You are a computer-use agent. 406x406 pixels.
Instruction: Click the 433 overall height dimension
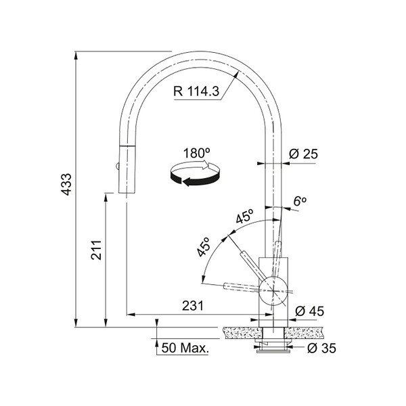coord(66,184)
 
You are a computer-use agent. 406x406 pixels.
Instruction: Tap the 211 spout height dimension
coord(96,250)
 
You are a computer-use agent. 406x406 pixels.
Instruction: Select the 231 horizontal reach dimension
coord(193,306)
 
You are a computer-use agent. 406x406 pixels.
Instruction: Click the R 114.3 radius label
coord(196,91)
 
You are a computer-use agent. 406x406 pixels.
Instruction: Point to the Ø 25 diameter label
coord(303,154)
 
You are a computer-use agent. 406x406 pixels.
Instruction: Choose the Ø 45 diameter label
coord(309,311)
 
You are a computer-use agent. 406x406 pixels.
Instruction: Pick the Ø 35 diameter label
coord(321,348)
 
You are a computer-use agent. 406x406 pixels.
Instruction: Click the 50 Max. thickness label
coord(185,348)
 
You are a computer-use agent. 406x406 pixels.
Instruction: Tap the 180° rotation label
coord(196,153)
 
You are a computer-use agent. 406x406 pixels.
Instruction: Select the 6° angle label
coord(300,201)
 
